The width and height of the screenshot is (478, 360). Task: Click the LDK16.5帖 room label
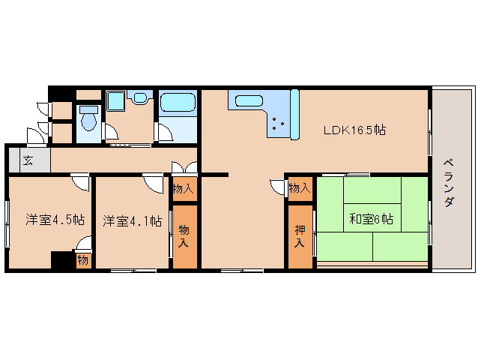click(354, 130)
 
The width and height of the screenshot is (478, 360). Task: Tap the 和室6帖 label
click(371, 219)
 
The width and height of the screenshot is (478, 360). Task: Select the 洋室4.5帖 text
click(55, 220)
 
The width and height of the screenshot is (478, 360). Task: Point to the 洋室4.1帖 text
click(132, 221)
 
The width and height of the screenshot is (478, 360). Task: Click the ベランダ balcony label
click(449, 183)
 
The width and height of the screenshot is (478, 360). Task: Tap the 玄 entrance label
click(28, 160)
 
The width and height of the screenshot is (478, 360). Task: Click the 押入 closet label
click(300, 236)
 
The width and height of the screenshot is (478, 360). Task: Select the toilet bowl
click(88, 118)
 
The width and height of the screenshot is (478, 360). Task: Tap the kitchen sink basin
click(249, 101)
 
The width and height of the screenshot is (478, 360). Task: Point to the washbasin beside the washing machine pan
click(140, 97)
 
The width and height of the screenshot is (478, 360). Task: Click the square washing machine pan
click(116, 101)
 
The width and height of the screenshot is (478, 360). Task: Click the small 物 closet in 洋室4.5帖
click(83, 260)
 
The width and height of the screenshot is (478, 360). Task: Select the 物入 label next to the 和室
click(300, 188)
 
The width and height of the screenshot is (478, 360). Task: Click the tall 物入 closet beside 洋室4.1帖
click(185, 237)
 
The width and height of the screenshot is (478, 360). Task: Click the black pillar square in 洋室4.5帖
click(63, 260)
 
